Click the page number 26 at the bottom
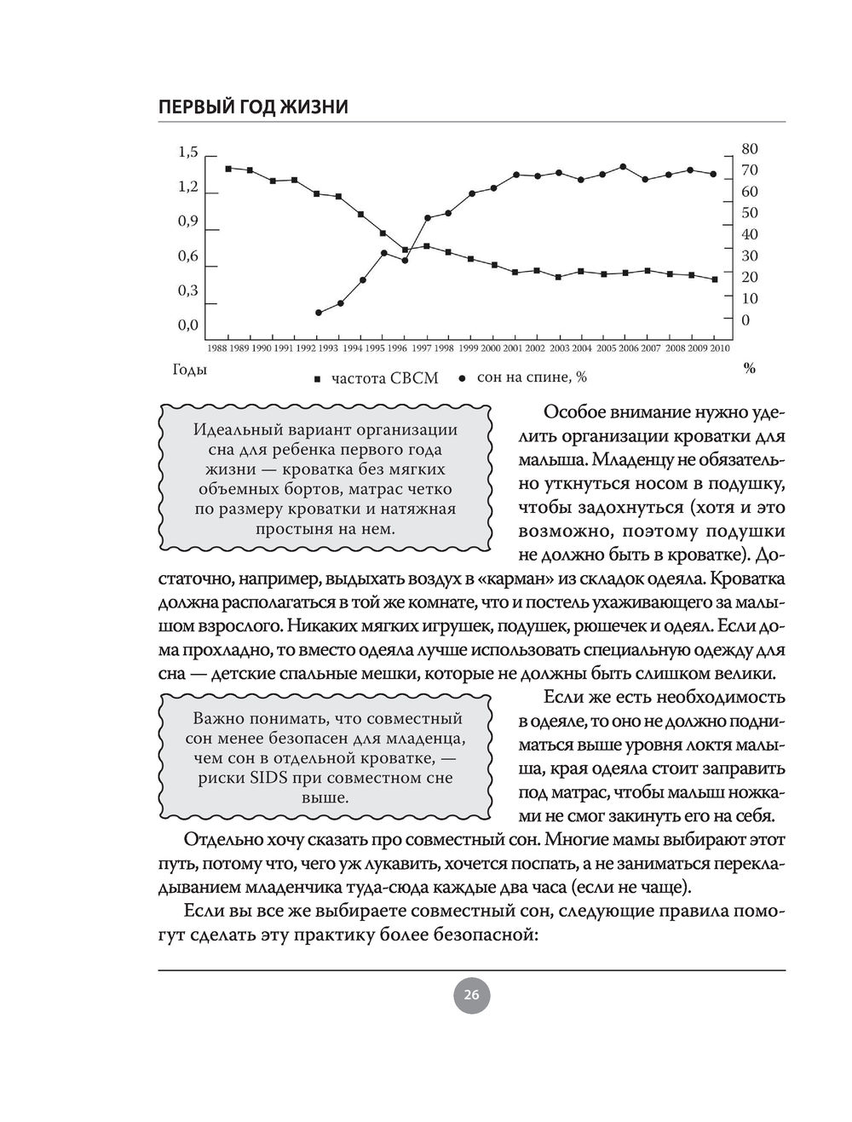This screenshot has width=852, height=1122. [x=471, y=995]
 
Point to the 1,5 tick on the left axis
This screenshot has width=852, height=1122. [x=187, y=152]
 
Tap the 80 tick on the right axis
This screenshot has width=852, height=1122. [x=750, y=149]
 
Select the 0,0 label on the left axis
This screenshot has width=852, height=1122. [x=187, y=325]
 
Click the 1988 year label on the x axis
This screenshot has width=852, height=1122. [x=217, y=348]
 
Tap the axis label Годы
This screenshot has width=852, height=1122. [x=190, y=370]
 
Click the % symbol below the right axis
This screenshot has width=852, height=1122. [x=750, y=369]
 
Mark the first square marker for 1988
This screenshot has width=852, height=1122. [x=228, y=169]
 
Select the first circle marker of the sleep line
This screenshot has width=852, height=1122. [x=319, y=313]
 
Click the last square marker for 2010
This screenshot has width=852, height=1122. [x=714, y=279]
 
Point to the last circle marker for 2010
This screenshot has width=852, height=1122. [x=713, y=174]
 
